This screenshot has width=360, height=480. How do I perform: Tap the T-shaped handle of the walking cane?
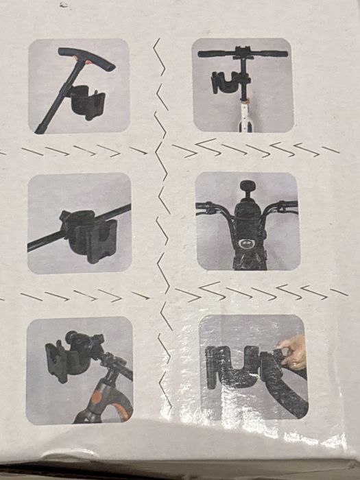click(86, 58)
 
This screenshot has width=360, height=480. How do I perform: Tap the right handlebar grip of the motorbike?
click(287, 206)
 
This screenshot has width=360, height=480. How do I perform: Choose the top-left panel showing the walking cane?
click(78, 85)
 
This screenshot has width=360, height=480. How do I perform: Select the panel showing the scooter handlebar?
click(243, 84)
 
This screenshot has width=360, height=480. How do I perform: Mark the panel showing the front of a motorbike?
click(248, 221)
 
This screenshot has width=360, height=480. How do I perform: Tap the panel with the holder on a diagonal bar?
click(80, 224)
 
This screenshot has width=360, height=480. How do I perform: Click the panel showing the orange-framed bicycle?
click(79, 370)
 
